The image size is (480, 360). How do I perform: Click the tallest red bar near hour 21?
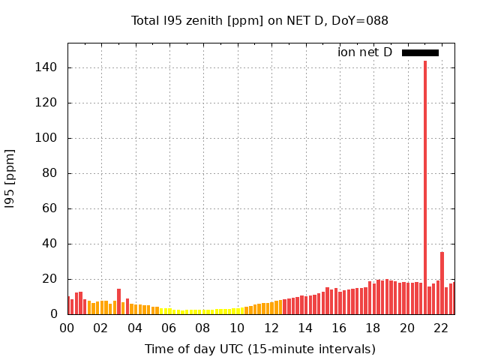click(x=425, y=187)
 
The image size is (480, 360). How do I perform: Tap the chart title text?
click(x=259, y=21)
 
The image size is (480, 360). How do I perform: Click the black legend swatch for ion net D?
click(x=420, y=52)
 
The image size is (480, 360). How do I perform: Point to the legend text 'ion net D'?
click(x=364, y=52)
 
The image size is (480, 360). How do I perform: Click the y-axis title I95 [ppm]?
click(x=10, y=178)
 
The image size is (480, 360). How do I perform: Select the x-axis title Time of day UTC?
click(x=259, y=349)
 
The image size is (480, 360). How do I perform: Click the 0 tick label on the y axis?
click(x=55, y=314)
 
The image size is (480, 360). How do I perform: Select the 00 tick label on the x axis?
click(x=67, y=328)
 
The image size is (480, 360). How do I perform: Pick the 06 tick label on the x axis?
click(x=169, y=328)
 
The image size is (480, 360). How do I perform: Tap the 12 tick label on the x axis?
click(x=271, y=328)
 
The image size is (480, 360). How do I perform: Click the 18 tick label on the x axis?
click(x=373, y=328)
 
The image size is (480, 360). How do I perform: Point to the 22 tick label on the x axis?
click(x=442, y=328)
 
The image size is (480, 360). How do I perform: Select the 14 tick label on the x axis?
click(x=305, y=328)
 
